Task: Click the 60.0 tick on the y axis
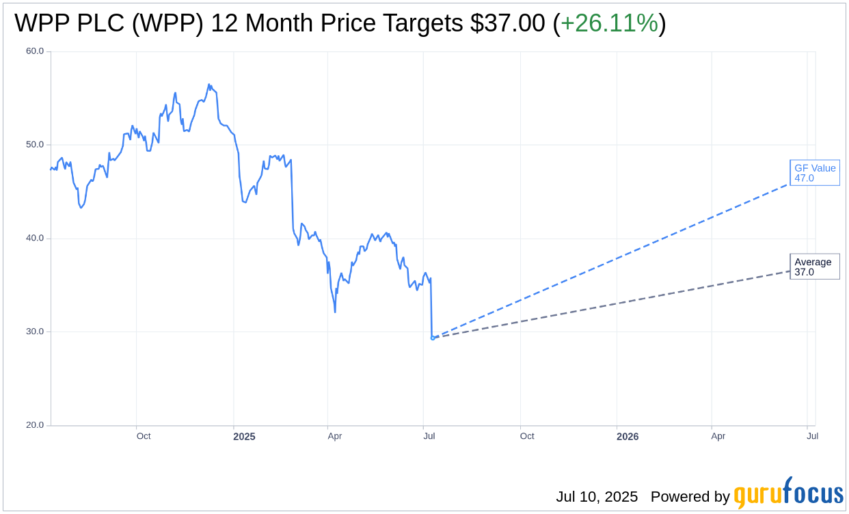pyautogui.click(x=35, y=51)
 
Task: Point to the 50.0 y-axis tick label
pyautogui.click(x=35, y=145)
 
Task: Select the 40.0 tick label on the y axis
pyautogui.click(x=35, y=239)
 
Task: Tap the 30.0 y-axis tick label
pyautogui.click(x=35, y=332)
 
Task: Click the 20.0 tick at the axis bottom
pyautogui.click(x=35, y=425)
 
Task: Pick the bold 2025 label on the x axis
pyautogui.click(x=244, y=436)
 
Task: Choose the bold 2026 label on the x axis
pyautogui.click(x=628, y=436)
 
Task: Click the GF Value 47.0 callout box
pyautogui.click(x=815, y=173)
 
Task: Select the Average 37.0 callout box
pyautogui.click(x=814, y=267)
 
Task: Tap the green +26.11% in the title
pyautogui.click(x=609, y=24)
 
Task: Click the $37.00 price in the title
pyautogui.click(x=508, y=24)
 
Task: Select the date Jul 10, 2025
pyautogui.click(x=597, y=497)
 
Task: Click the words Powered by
pyautogui.click(x=690, y=497)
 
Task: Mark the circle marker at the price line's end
pyautogui.click(x=433, y=338)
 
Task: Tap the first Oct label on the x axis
pyautogui.click(x=144, y=436)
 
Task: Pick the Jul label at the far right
pyautogui.click(x=812, y=436)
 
